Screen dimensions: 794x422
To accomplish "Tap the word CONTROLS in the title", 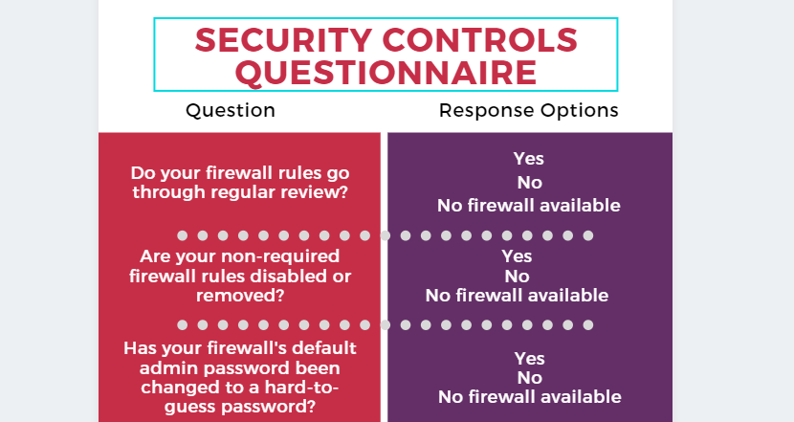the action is click(480, 40).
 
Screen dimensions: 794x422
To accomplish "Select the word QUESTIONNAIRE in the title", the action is click(386, 73).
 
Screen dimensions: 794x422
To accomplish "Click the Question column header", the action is click(231, 110).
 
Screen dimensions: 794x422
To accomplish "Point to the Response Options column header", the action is click(529, 110).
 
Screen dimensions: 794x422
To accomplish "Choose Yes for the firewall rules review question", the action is click(529, 159).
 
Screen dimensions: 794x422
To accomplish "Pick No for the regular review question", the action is click(530, 183).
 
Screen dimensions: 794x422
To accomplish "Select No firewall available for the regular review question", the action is click(529, 205).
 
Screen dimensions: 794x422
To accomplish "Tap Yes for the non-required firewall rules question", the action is click(517, 256).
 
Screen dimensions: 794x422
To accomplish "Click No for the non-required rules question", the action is click(517, 277).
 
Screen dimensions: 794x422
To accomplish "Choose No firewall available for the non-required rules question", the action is click(517, 296).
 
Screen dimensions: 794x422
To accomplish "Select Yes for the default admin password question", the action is click(530, 359).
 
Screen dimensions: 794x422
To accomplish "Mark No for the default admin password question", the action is click(530, 378).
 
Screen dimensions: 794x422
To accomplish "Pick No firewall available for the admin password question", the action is click(530, 397).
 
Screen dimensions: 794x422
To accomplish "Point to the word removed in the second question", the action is click(240, 296).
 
